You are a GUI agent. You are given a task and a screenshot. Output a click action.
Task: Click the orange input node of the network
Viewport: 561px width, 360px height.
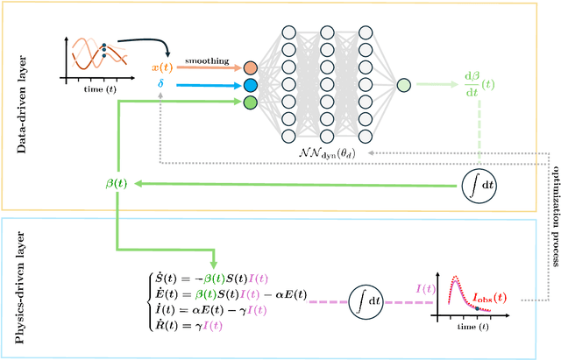[251, 68]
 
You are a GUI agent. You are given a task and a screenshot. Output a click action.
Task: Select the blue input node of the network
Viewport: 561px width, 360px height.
[251, 85]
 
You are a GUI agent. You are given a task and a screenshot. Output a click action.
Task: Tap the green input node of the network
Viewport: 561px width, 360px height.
[251, 102]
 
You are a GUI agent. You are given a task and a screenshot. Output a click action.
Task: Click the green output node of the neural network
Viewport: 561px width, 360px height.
[403, 85]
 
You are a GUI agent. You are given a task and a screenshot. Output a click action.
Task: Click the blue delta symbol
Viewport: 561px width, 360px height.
[160, 85]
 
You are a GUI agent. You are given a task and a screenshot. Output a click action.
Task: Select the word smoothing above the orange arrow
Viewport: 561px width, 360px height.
[207, 62]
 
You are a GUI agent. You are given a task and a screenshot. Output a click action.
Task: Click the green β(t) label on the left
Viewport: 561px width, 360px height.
[116, 184]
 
